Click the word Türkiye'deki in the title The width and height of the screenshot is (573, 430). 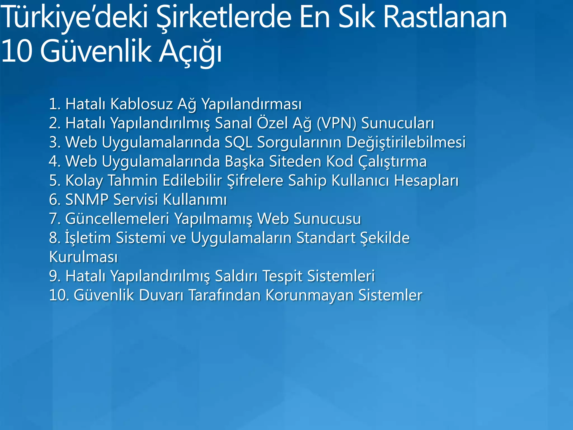(74, 17)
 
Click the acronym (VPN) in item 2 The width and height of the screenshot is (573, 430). (337, 123)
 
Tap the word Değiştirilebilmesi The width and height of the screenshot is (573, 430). (406, 142)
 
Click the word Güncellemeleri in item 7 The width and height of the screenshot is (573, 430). (117, 219)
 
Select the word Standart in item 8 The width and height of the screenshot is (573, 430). (326, 238)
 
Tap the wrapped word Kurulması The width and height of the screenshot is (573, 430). (83, 257)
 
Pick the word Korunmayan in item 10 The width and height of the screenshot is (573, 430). (309, 295)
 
